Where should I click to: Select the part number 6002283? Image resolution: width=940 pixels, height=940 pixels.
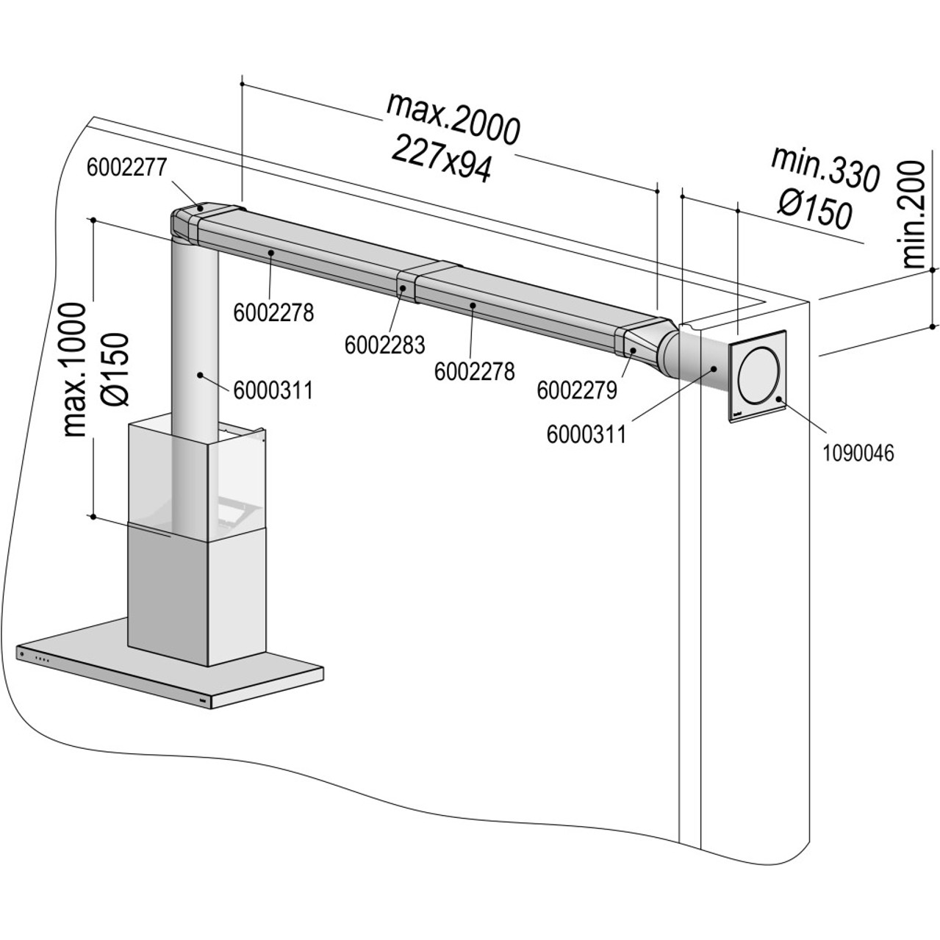(384, 343)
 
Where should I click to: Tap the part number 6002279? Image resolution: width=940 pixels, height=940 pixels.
(576, 390)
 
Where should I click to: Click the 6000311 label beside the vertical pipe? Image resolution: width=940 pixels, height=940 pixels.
(273, 390)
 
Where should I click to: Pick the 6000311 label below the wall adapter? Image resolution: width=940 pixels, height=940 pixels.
(586, 434)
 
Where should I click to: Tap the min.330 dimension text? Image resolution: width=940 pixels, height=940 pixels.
(825, 168)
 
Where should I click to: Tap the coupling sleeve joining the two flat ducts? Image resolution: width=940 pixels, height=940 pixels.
(405, 287)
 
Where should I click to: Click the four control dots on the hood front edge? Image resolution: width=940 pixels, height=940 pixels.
(43, 659)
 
